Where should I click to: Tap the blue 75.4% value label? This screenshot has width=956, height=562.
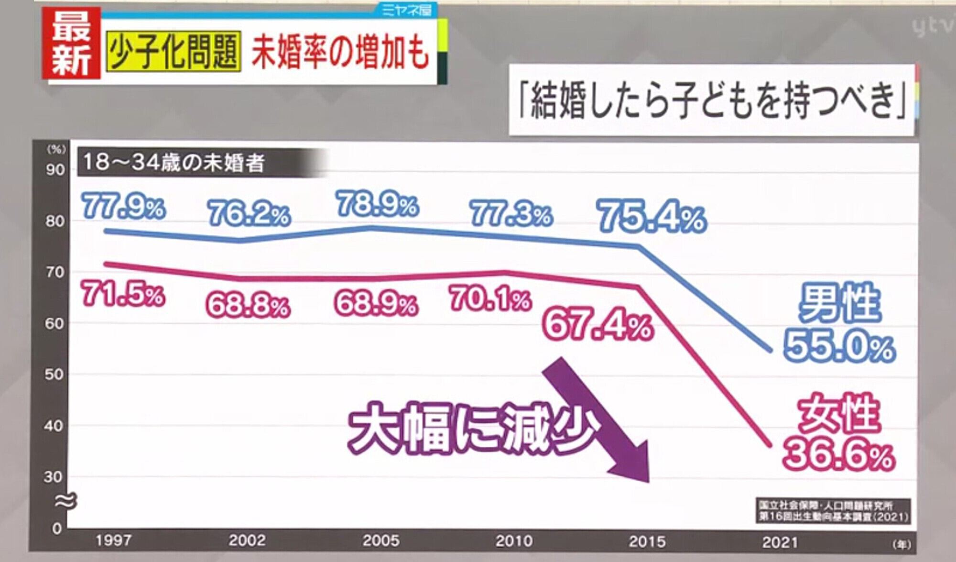652,217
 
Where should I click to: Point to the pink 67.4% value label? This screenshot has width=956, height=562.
598,325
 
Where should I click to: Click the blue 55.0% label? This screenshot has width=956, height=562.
839,346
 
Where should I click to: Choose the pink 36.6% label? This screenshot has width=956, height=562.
838,454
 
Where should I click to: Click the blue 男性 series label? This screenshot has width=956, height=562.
839,302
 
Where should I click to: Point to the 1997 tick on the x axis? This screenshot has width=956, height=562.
113,540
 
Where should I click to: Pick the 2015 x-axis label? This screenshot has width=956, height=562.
647,541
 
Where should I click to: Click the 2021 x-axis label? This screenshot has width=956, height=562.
780,542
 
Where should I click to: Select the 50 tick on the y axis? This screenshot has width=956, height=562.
54,374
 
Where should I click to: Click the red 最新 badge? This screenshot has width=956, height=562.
71,44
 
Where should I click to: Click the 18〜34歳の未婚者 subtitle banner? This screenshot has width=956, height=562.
174,163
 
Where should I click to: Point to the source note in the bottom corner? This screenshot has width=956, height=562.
833,511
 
